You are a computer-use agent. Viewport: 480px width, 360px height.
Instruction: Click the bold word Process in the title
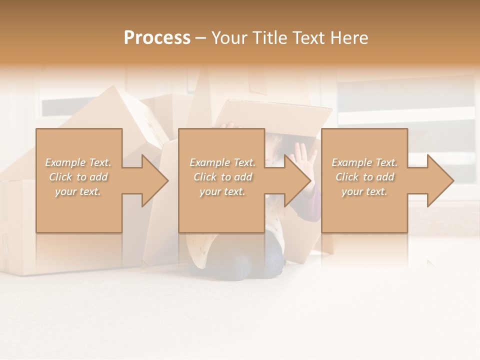(x=157, y=37)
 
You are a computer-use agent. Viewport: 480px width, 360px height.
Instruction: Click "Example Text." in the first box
(x=78, y=162)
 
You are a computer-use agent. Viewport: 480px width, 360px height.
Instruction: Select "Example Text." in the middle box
(x=222, y=162)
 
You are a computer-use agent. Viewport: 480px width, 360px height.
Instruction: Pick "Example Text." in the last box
(x=364, y=162)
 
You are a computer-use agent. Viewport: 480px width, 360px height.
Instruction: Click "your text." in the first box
(x=78, y=191)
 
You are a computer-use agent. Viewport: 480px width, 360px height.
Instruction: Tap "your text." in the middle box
(x=222, y=191)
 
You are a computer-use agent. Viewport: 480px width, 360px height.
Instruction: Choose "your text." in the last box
(x=364, y=191)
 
